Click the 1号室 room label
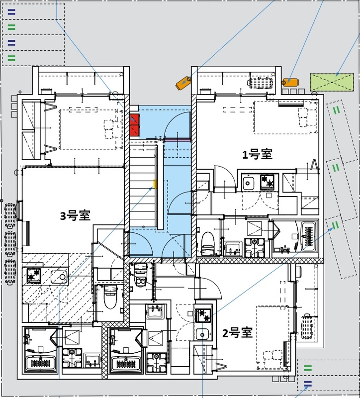point(257,154)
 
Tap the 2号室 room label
point(237,333)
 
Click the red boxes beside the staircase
point(135,125)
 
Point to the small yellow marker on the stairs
point(155,185)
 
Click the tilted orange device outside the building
point(182,83)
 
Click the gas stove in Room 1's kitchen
point(267,183)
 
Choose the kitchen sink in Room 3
point(59,275)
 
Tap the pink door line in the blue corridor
point(177,141)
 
